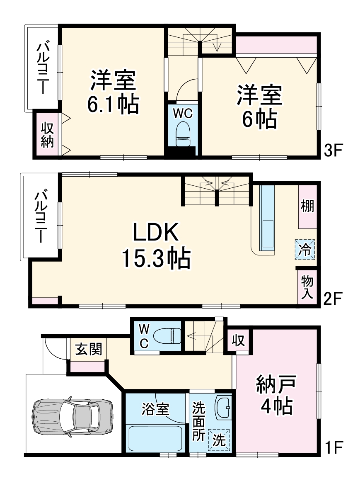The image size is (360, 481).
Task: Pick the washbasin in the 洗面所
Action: (x=224, y=408)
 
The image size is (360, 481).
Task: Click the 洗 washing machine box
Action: (x=219, y=441)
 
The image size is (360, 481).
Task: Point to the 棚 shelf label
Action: (x=307, y=206)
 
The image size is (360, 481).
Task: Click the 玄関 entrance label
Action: (x=88, y=349)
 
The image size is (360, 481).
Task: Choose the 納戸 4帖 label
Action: (x=275, y=394)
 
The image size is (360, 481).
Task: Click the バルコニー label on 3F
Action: (x=43, y=68)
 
